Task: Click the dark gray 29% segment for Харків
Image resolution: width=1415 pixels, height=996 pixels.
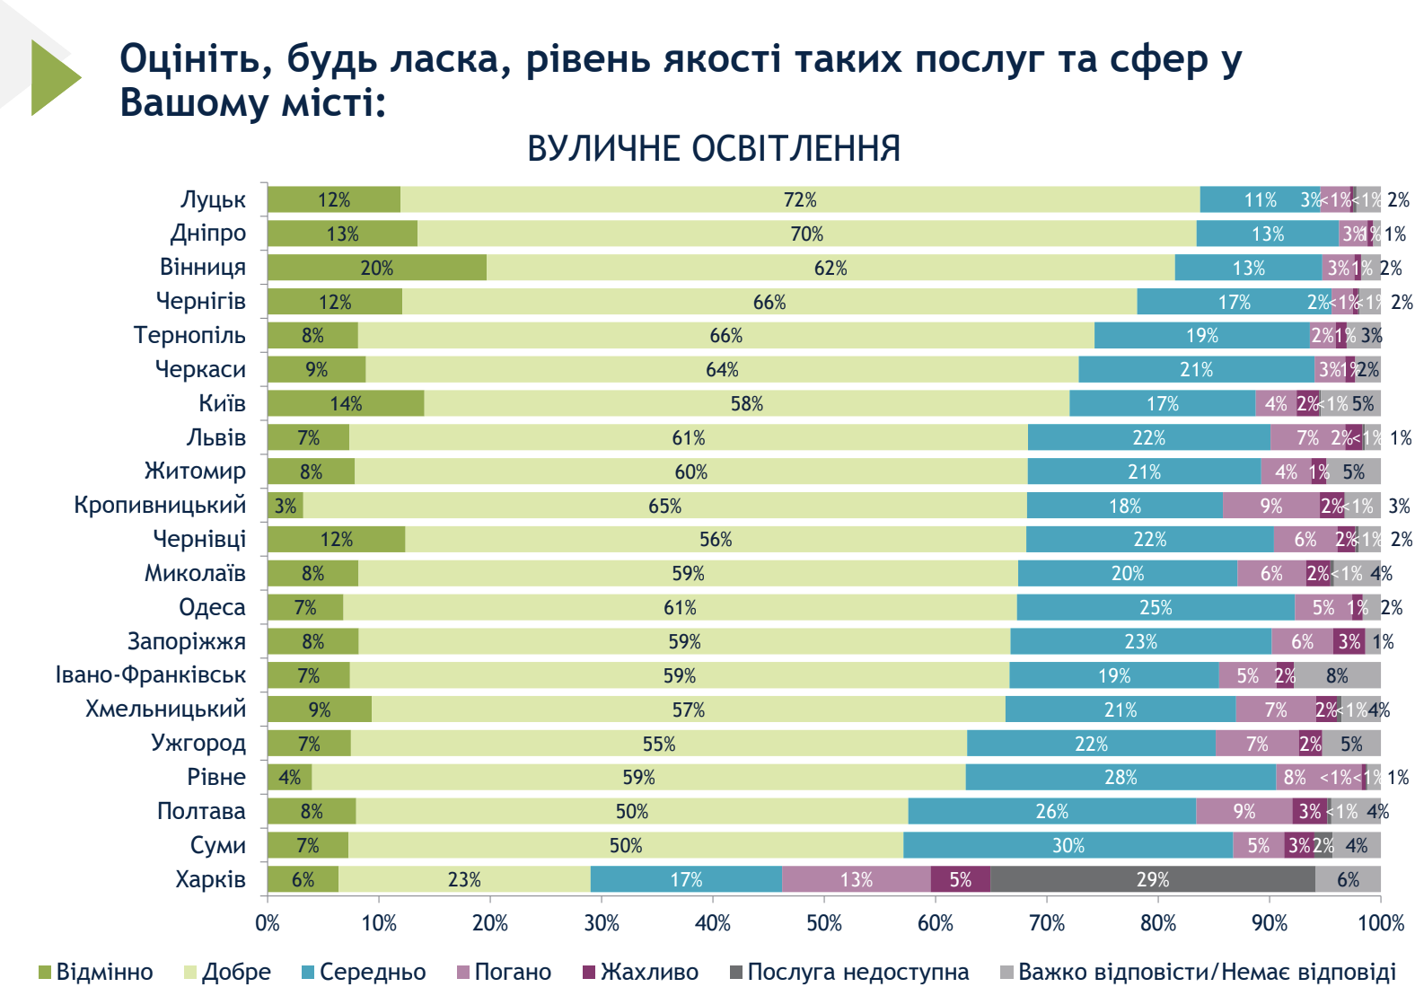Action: click(1152, 879)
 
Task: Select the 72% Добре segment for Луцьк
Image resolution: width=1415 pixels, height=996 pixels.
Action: click(799, 199)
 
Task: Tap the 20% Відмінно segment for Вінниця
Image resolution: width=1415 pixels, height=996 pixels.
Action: click(376, 268)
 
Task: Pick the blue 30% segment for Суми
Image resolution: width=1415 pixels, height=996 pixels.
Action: click(1068, 845)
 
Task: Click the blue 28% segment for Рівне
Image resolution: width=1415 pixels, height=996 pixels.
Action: click(1121, 777)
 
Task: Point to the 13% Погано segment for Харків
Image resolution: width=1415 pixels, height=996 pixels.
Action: click(856, 879)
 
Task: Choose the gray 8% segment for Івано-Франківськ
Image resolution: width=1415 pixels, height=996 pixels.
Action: click(1337, 675)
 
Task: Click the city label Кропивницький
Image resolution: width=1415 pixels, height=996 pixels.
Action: click(160, 505)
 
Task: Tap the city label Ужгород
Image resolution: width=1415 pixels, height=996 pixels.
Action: click(198, 743)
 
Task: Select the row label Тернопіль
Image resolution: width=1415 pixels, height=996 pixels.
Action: click(189, 335)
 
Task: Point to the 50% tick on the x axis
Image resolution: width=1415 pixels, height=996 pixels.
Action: click(824, 922)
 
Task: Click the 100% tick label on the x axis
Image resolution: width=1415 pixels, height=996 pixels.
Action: click(1380, 922)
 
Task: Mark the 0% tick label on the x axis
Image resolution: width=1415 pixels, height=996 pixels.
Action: click(268, 922)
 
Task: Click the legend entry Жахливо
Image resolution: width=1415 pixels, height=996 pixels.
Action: click(649, 972)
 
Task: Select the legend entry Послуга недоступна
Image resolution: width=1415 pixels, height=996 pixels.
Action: click(857, 972)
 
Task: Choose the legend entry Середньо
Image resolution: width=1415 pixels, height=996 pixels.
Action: click(372, 972)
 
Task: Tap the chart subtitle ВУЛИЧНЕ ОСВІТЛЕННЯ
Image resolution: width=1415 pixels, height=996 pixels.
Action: click(714, 149)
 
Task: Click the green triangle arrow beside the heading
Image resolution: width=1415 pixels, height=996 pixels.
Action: click(52, 77)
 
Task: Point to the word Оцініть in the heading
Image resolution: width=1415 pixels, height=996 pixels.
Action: click(196, 59)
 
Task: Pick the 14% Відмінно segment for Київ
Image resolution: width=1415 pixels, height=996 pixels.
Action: click(346, 403)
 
